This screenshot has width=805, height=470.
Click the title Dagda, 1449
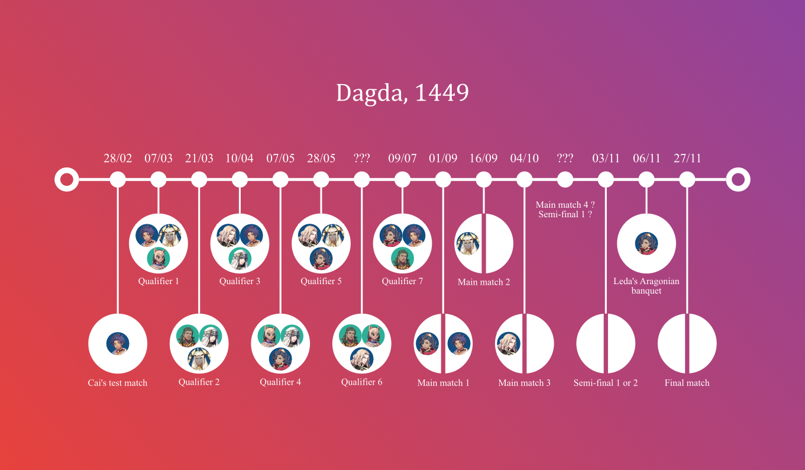point(402,93)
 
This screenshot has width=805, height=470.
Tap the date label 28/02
point(118,158)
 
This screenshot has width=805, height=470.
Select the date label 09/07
point(402,158)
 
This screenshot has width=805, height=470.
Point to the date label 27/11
point(687,158)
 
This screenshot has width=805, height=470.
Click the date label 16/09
point(483,158)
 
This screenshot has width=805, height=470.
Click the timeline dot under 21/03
point(199,179)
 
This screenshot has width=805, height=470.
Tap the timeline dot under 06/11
point(646,179)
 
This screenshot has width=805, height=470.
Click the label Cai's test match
point(118,382)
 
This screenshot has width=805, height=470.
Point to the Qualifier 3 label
point(240,281)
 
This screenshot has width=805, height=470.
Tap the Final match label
point(687,382)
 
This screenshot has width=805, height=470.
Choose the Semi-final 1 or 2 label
point(606,382)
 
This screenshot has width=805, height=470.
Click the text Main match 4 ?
point(565,205)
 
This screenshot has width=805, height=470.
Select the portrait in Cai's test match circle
point(118,343)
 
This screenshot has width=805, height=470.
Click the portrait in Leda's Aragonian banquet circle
point(646,243)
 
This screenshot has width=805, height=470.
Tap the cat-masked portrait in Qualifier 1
point(159,258)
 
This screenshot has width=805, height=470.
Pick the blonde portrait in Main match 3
point(509,343)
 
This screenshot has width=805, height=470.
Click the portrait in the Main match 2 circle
point(468,243)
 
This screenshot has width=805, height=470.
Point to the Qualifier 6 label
point(361,382)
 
